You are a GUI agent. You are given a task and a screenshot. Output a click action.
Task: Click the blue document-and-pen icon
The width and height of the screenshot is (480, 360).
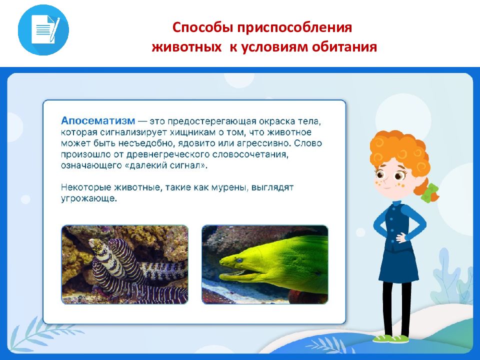[43, 30]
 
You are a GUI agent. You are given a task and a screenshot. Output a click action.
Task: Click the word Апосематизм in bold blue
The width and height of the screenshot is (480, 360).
[98, 121]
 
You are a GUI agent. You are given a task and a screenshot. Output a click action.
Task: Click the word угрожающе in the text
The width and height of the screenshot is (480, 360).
[89, 198]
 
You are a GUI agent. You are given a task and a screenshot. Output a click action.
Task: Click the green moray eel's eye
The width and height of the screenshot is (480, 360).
[239, 260]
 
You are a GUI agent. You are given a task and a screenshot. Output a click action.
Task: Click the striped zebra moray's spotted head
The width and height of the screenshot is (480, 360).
[97, 247]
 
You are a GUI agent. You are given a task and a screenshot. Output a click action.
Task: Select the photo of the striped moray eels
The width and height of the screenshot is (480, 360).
[124, 264]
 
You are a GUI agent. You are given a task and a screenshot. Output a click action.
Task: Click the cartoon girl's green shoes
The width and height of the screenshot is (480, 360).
[390, 339]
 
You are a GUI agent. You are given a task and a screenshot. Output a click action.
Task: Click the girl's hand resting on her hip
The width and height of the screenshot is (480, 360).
[401, 237]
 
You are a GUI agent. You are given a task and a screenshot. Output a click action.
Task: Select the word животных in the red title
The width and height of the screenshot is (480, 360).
[186, 47]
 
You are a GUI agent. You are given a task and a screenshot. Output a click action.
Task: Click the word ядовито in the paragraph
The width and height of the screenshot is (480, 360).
[196, 143]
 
